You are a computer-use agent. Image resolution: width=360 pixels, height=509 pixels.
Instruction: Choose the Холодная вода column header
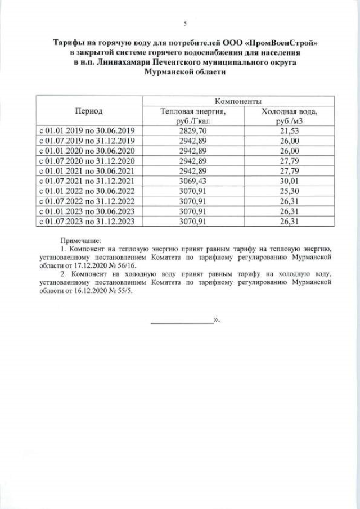click(289, 116)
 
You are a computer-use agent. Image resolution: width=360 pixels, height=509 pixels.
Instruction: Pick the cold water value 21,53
click(289, 130)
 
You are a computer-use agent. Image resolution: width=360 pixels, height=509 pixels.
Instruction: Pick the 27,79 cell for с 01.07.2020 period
click(289, 161)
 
